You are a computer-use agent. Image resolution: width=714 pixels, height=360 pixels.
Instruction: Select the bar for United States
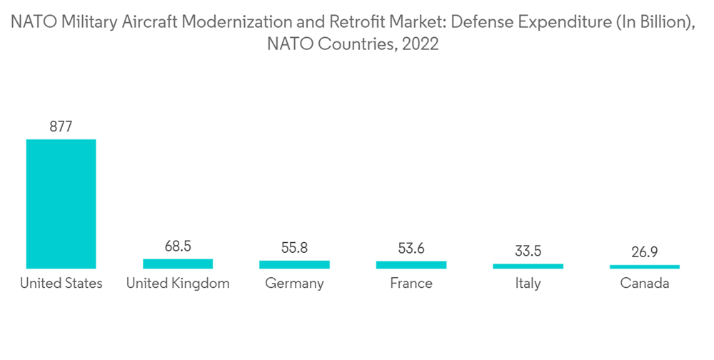(61, 204)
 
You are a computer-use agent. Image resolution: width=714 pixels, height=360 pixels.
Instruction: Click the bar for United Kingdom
(178, 264)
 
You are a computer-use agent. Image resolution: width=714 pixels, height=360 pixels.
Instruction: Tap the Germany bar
(294, 264)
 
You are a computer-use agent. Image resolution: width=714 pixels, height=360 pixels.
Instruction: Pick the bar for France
(411, 264)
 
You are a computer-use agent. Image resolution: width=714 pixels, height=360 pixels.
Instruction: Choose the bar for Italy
(528, 266)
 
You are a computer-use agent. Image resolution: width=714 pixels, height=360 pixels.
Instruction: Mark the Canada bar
(645, 266)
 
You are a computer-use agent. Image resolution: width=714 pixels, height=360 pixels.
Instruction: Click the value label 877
(61, 127)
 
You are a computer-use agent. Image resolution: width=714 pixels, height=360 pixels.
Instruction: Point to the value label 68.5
(178, 246)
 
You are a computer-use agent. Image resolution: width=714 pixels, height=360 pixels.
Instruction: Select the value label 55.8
(294, 248)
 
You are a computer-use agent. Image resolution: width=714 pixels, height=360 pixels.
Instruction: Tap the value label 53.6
(411, 249)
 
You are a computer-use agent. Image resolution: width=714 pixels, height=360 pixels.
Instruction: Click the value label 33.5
(528, 251)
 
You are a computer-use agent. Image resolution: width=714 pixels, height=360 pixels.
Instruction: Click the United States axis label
(61, 284)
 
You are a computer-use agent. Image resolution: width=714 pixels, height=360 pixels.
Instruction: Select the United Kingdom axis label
(178, 284)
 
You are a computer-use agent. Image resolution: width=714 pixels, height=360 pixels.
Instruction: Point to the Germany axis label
(294, 284)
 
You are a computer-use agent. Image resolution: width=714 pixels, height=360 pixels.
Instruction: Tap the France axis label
(411, 284)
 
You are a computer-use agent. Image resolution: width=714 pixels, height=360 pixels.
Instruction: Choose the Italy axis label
(528, 284)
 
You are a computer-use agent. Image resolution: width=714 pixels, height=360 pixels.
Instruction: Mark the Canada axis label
(645, 284)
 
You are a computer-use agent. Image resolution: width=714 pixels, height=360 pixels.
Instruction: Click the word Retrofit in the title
(377, 24)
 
